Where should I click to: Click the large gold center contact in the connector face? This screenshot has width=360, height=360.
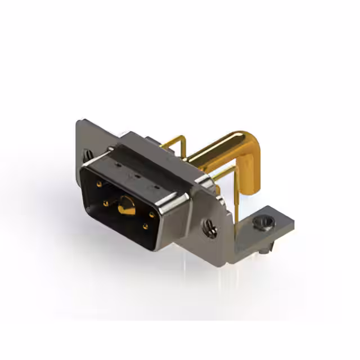[125, 209]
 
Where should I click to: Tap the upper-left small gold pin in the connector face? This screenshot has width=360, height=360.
[99, 183]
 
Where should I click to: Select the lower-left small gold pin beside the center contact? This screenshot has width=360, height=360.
[106, 204]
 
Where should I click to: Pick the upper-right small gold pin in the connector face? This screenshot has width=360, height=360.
[152, 214]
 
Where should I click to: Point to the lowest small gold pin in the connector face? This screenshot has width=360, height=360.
[145, 227]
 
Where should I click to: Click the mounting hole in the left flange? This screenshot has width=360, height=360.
[89, 153]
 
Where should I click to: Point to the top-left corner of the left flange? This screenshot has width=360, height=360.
[79, 120]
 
